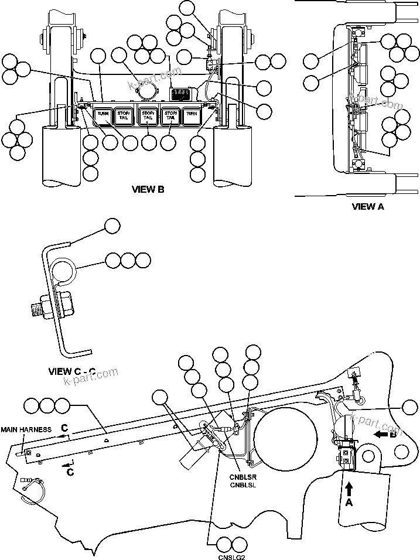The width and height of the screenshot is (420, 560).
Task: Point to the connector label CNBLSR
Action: tap(241, 477)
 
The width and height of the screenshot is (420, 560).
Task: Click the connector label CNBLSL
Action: tap(241, 485)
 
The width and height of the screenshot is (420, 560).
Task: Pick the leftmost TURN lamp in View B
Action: tap(103, 115)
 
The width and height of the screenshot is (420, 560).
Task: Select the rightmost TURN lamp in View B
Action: tap(191, 115)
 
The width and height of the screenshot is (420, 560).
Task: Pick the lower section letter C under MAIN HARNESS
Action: tap(70, 470)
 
